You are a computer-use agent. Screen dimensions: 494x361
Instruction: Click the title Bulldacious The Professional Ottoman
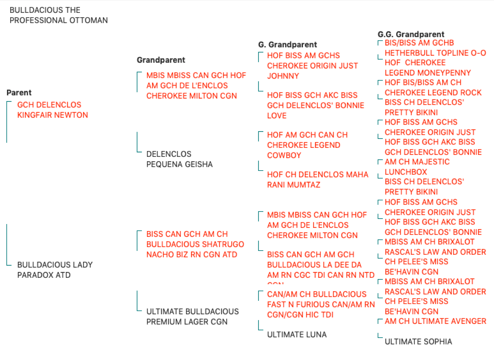tap(59, 15)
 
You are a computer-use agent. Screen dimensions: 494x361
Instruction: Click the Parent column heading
tap(19, 93)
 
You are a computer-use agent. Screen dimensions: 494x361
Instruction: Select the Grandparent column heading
tap(161, 60)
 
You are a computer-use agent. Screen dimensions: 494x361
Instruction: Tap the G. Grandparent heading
tap(288, 44)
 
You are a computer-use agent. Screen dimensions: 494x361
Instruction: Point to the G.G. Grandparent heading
tap(411, 34)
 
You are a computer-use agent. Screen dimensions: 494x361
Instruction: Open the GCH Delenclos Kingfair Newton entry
tap(52, 110)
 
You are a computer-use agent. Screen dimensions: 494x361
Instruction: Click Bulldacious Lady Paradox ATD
tap(55, 270)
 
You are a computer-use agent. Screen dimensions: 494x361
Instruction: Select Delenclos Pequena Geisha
tap(180, 159)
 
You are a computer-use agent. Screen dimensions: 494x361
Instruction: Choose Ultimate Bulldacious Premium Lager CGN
tap(192, 317)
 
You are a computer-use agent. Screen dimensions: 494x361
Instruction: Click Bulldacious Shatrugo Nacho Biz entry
tap(195, 244)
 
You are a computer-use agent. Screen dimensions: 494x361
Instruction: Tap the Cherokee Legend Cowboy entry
tap(307, 145)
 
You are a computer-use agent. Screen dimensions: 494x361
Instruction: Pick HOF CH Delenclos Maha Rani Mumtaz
tap(318, 180)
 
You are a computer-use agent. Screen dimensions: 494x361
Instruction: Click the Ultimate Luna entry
tap(297, 334)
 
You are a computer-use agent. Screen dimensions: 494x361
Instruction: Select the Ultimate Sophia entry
tap(418, 341)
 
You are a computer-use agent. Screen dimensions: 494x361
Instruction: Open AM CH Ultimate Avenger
tap(436, 321)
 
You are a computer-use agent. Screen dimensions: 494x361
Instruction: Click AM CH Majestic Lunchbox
tap(417, 167)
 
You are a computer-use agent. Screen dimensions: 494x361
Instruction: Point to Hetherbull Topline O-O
tap(435, 53)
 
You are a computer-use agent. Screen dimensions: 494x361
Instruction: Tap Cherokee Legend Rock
tap(433, 93)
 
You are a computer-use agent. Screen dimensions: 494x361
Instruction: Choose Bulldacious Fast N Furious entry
tap(321, 304)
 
